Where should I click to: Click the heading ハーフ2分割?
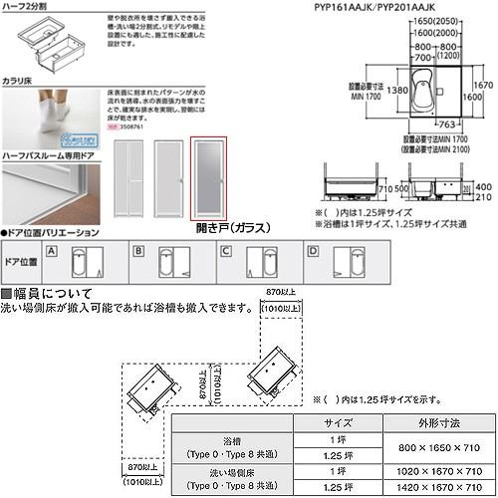point(25,6)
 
